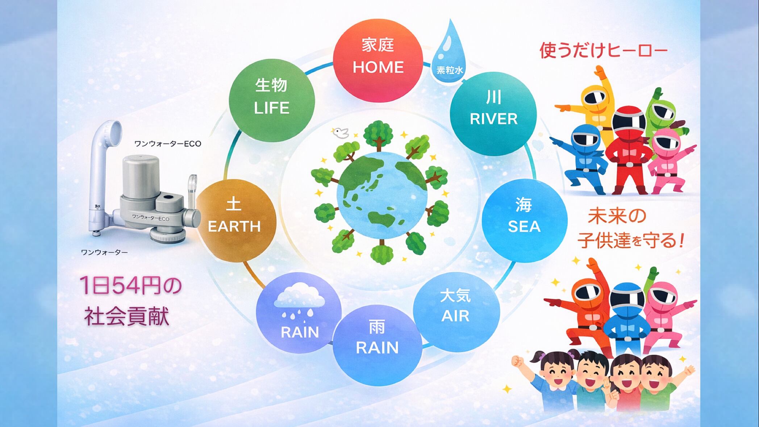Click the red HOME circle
(x=378, y=57)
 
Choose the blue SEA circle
(x=524, y=217)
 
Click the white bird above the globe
(x=341, y=133)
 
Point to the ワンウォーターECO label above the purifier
(x=168, y=144)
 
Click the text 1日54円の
(x=131, y=285)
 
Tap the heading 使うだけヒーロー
(x=604, y=50)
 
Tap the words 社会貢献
(x=127, y=316)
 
